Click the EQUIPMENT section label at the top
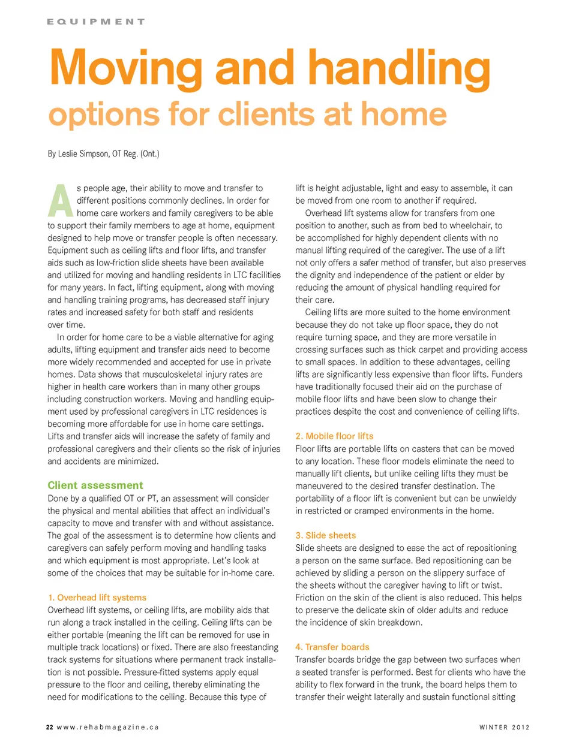[x=96, y=22]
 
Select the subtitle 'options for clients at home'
[x=247, y=113]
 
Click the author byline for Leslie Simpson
[x=103, y=153]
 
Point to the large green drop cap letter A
[x=60, y=201]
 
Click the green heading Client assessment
[x=95, y=485]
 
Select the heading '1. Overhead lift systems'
[x=97, y=598]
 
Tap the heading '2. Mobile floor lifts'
[x=334, y=436]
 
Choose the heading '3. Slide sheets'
[x=325, y=535]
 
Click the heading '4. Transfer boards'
[x=332, y=647]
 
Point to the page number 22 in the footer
[x=50, y=727]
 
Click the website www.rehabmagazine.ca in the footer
[x=108, y=727]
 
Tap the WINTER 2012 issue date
[x=504, y=727]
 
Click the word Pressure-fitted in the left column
[x=152, y=672]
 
